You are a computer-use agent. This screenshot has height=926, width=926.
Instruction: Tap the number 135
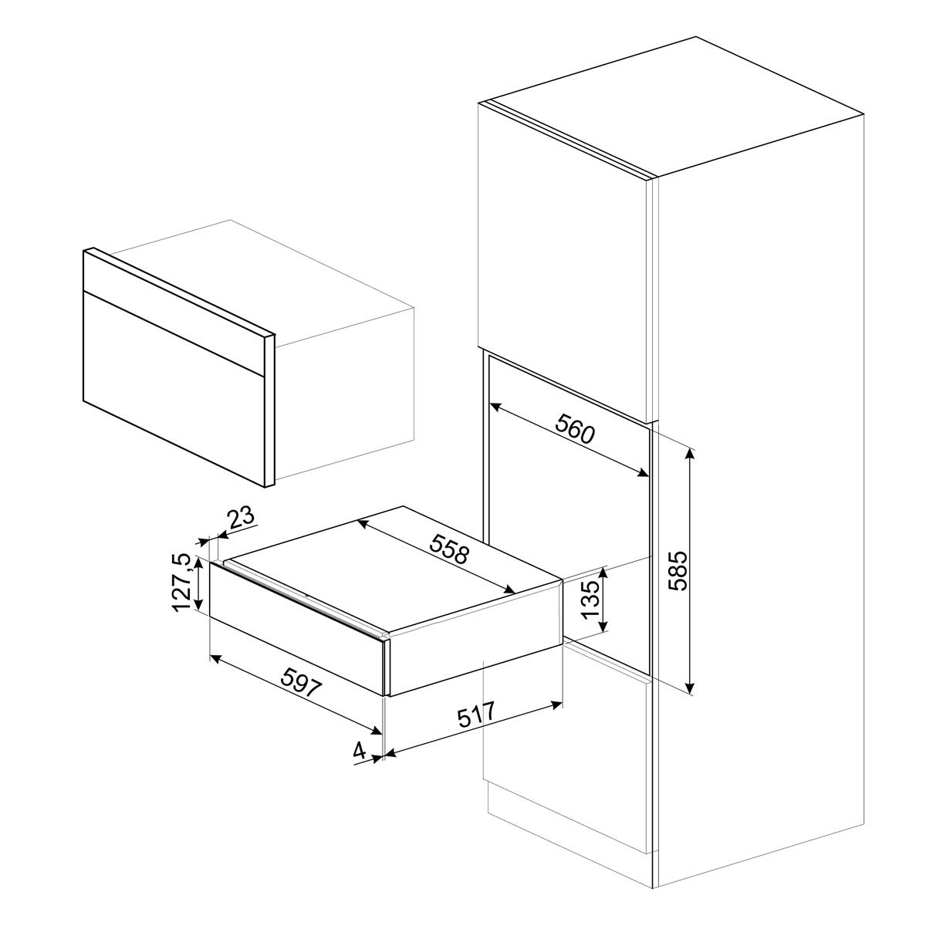pos(590,600)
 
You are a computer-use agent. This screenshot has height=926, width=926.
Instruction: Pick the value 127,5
pos(182,582)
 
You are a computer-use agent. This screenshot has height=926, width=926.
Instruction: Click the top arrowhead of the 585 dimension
pos(691,453)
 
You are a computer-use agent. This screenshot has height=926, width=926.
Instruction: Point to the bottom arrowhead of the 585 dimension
pos(691,688)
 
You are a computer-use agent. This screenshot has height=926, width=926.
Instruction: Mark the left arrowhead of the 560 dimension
pos(496,407)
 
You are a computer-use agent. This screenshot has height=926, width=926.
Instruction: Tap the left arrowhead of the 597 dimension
pos(217,658)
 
